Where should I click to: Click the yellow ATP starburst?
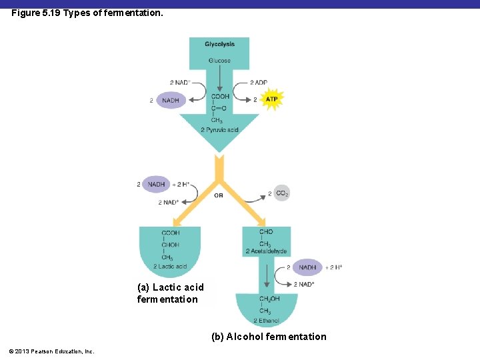pos(271,99)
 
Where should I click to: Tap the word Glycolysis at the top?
pos(219,44)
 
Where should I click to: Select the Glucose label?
pos(219,61)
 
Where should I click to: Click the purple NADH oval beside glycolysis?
pos(170,100)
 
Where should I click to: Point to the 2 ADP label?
pos(259,83)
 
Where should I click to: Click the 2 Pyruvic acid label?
pos(219,129)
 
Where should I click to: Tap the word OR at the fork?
pos(219,195)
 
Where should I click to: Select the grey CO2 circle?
pos(281,193)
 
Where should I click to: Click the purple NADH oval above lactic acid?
pos(156,184)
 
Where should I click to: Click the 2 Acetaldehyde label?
pos(266,251)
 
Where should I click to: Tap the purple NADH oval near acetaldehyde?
pos(307,267)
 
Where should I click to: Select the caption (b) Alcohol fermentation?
pos(269,337)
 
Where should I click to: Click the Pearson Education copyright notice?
pos(52,351)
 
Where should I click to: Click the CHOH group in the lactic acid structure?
pos(170,245)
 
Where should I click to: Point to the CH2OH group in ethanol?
pos(269,299)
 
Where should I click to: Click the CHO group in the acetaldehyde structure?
pos(266,232)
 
